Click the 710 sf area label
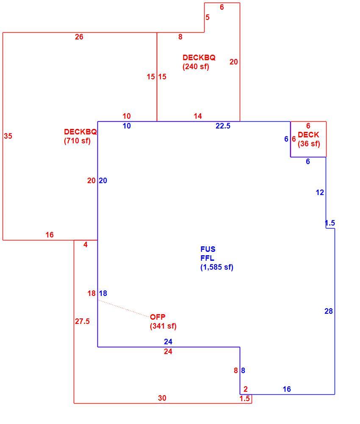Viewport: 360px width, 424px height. (77, 141)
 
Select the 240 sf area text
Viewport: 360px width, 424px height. (196, 67)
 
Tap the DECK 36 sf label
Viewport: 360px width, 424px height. (309, 139)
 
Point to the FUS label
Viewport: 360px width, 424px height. (208, 249)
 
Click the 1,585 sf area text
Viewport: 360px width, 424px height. (217, 267)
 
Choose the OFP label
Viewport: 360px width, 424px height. (158, 317)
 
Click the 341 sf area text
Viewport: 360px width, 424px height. (163, 326)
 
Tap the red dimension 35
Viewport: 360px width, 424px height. (8, 136)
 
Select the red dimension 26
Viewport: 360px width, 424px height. (79, 37)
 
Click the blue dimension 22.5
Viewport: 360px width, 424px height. (223, 126)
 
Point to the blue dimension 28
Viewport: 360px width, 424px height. (328, 311)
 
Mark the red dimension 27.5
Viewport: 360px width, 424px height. (82, 321)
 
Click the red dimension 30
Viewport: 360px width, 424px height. (162, 398)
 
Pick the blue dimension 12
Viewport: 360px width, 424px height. (320, 192)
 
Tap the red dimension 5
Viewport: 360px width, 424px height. (208, 17)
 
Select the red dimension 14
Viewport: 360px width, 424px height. (198, 116)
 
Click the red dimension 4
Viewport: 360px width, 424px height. (86, 245)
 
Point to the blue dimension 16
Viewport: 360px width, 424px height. (287, 389)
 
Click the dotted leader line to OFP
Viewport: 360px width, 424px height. (123, 308)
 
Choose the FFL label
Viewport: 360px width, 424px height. (207, 258)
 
